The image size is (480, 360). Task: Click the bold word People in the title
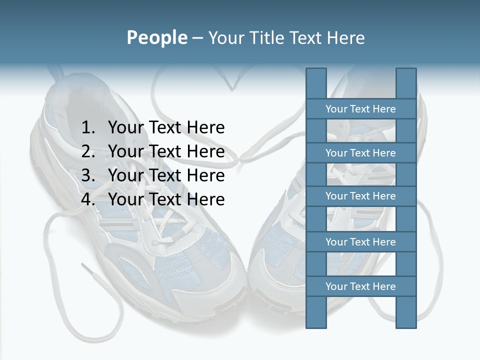[x=156, y=37]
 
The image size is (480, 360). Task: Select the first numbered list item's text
[x=166, y=127]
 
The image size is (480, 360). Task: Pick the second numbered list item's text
[x=166, y=151]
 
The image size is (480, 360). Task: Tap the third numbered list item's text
[x=166, y=175]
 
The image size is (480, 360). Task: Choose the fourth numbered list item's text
[x=166, y=199]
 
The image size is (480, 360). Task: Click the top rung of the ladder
[x=360, y=109]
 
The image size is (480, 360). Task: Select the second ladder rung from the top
[x=360, y=153]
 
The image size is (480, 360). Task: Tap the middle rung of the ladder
[x=360, y=196]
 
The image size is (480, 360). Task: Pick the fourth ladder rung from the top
[x=360, y=242]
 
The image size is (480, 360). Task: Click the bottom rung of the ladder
[x=360, y=286]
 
